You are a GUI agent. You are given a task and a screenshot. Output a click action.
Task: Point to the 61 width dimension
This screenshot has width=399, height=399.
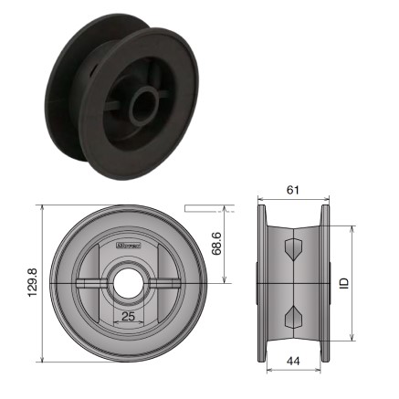coord(293,190)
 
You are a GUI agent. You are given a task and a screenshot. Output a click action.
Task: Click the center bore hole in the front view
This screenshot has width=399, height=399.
coord(127,284)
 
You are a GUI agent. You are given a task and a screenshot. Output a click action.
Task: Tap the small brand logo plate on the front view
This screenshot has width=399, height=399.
coord(132,245)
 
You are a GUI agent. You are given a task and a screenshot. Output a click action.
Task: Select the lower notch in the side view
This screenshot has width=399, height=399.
coord(293,317)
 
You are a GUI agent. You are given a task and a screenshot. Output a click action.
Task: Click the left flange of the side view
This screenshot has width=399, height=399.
coord(262,284)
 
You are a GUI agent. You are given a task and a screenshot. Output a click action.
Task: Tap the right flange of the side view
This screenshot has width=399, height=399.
coord(324,284)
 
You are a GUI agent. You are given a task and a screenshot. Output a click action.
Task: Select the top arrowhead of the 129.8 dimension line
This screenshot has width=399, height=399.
coord(42,208)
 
